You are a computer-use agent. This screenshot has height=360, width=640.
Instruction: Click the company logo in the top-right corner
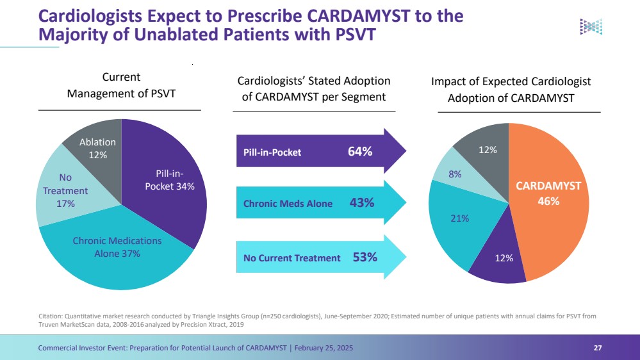591,26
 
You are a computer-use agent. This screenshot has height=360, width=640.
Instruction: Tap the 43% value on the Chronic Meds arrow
362,203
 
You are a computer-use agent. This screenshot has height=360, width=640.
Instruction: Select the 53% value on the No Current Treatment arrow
365,258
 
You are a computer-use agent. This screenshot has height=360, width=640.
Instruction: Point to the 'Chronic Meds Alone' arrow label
288,204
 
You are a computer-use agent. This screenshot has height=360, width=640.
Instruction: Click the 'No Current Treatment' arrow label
292,258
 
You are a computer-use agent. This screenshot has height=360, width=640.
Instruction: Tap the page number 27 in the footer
598,348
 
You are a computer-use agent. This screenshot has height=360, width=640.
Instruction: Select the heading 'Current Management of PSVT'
122,85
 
